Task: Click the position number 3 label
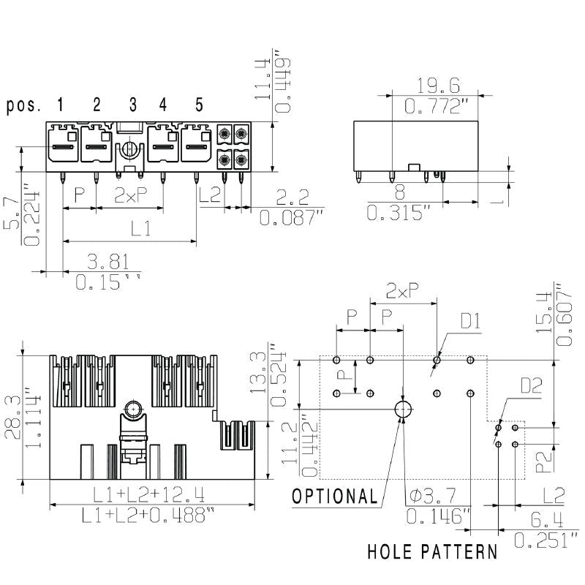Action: coord(133,105)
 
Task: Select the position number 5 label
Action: coord(199,105)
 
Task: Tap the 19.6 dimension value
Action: coord(437,85)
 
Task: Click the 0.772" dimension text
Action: coord(437,107)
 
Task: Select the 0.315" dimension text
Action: coord(399,214)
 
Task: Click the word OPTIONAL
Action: coord(335,497)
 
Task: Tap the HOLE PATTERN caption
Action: coord(431,551)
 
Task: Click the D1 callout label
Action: coord(470,320)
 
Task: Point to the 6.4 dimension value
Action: coord(546,520)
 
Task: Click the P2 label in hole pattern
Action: coord(542,461)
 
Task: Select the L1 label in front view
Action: coord(140,229)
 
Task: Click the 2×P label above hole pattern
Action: coord(403,292)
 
